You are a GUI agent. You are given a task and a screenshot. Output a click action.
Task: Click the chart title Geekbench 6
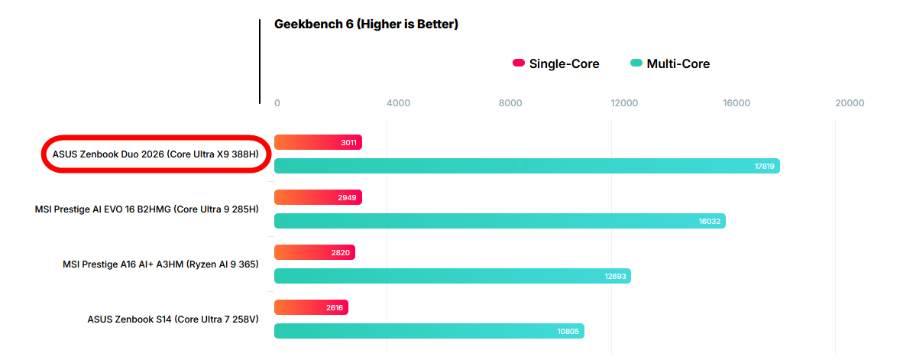[x=366, y=24]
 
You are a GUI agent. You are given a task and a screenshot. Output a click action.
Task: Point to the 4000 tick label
[x=399, y=103]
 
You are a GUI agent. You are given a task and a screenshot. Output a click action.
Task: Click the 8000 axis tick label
[x=510, y=103]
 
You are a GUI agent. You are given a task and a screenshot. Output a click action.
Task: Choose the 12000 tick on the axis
[x=624, y=103]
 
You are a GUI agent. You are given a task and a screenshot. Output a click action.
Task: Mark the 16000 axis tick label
[x=736, y=103]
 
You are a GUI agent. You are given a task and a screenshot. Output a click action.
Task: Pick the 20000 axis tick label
[x=850, y=103]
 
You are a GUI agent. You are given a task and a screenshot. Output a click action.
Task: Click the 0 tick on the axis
[x=277, y=103]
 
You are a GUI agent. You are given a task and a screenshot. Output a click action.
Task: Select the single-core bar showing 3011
[x=318, y=142]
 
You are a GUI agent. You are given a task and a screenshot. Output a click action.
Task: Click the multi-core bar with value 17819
[x=526, y=166]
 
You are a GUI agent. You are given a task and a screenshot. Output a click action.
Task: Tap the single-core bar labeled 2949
[x=318, y=197]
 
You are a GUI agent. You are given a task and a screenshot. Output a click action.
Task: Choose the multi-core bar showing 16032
[x=500, y=221]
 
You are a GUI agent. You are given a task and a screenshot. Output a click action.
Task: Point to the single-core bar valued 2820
[x=314, y=252]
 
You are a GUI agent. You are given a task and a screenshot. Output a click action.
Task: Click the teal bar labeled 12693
[x=452, y=276]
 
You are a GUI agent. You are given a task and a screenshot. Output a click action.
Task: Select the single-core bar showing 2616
[x=311, y=307]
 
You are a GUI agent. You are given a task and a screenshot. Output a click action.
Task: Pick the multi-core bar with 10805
[x=429, y=331]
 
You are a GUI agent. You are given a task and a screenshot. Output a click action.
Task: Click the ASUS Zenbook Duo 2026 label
[x=155, y=154]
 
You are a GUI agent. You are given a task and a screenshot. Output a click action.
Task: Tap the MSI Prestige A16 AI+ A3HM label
[x=160, y=264]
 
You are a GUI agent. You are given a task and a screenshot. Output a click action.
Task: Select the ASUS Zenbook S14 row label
[x=173, y=319]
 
